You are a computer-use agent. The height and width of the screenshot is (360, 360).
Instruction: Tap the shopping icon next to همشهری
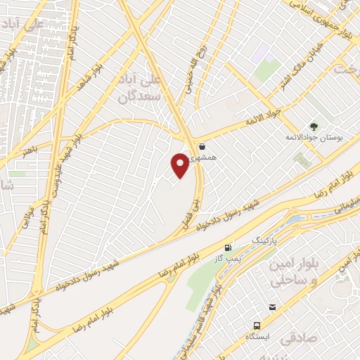coord(202,147)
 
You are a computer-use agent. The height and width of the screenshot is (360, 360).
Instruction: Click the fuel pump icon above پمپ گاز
coord(228,247)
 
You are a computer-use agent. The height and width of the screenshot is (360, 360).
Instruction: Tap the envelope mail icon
coord(272,307)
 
